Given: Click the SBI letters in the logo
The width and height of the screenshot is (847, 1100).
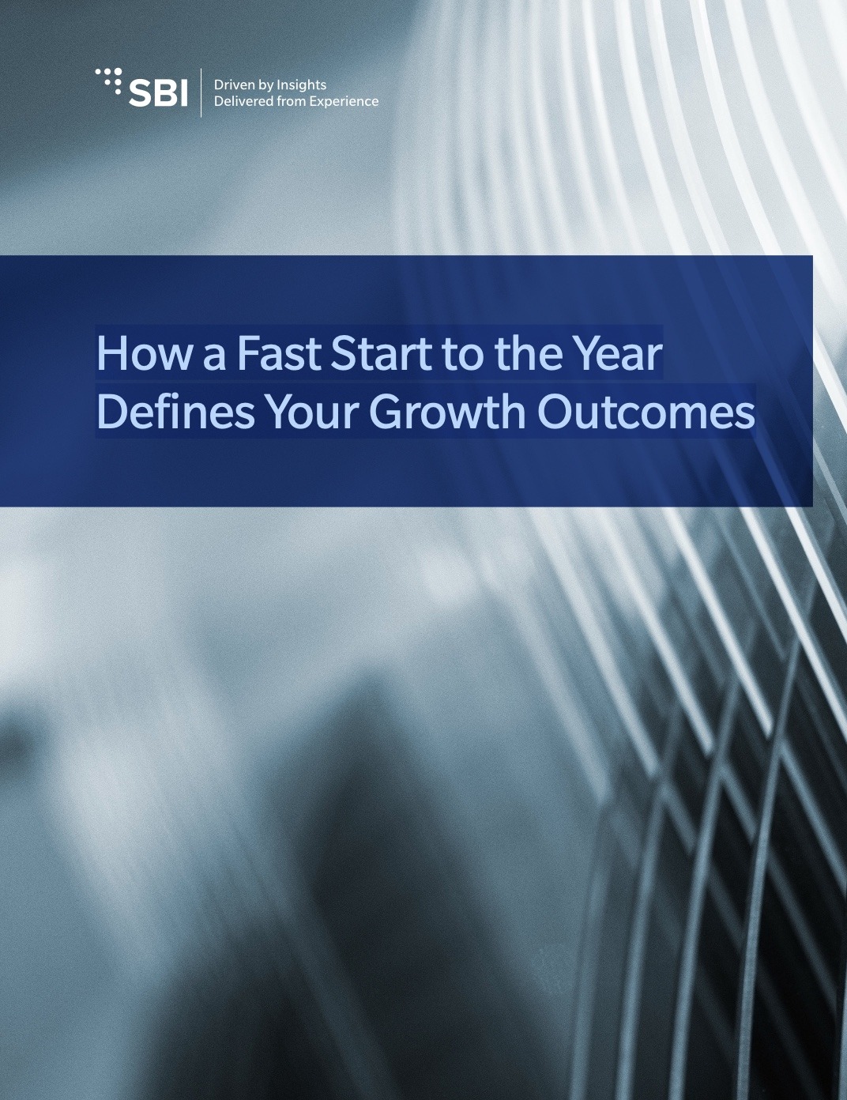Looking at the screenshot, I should [x=159, y=93].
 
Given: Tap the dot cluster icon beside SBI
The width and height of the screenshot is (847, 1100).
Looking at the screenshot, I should [x=109, y=81].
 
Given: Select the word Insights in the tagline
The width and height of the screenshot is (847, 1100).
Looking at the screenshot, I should [x=302, y=85].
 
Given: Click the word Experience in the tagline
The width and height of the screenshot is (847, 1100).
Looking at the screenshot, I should [x=343, y=101].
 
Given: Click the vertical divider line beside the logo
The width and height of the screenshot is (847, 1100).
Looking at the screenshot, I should [x=201, y=92].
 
